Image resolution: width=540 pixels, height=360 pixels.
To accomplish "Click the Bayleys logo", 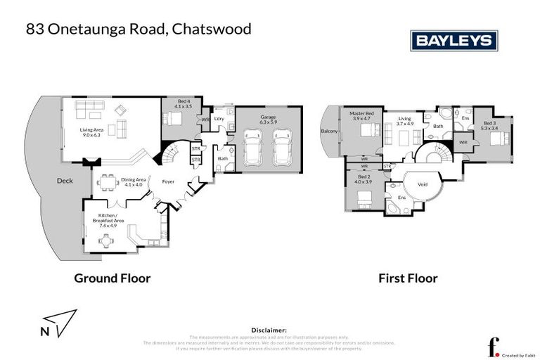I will (454, 40).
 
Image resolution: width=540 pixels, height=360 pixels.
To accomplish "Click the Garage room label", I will (268, 120).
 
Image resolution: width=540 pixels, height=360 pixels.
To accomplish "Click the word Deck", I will (65, 181).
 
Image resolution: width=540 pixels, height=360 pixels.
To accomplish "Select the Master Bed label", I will (363, 117).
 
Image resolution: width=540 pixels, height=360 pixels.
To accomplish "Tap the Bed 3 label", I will (489, 125).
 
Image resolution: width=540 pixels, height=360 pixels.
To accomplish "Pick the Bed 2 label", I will (364, 180).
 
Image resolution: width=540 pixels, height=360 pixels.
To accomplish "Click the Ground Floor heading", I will (112, 278).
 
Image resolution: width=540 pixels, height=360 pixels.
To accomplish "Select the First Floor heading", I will (408, 278).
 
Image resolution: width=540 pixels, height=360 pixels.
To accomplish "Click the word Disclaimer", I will (269, 329).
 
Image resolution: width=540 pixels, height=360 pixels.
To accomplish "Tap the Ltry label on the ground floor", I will (219, 118).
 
